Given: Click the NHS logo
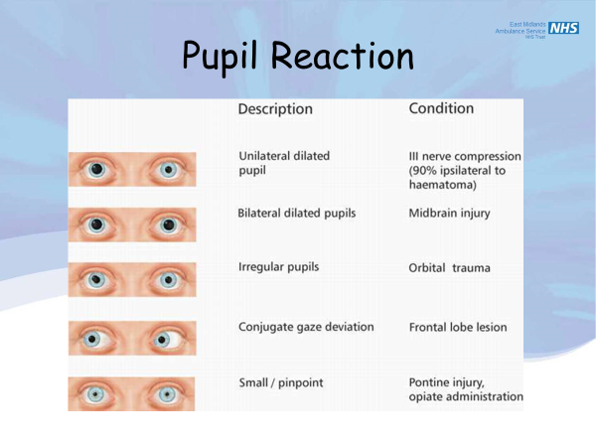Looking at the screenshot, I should point(563,28).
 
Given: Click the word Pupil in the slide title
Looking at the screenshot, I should point(227,57).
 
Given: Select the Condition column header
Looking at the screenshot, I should point(441,108).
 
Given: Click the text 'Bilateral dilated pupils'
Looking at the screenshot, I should point(296,214).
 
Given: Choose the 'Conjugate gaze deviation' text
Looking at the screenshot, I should point(306,327).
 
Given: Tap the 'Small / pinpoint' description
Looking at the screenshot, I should point(281,382).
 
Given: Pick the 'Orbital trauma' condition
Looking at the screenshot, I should point(449,268).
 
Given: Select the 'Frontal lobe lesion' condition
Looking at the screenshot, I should point(458,327).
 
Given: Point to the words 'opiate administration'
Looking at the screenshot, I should point(465,397).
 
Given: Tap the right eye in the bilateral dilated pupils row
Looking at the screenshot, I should point(168,225).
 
